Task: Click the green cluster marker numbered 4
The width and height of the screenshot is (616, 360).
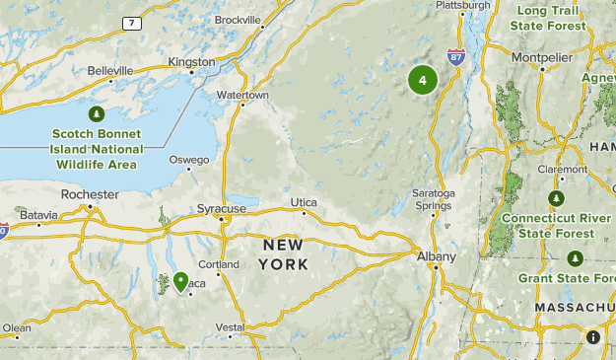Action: click(x=423, y=80)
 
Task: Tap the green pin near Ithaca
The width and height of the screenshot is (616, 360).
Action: click(x=181, y=282)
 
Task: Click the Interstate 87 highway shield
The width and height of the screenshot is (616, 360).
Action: click(x=455, y=58)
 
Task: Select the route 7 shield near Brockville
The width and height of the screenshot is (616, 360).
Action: click(x=131, y=22)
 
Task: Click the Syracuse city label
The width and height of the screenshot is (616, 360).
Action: click(x=221, y=209)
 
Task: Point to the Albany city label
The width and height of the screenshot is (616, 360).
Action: click(x=435, y=256)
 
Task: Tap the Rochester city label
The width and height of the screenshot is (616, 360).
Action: click(x=89, y=195)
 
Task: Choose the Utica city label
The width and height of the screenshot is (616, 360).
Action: click(x=304, y=202)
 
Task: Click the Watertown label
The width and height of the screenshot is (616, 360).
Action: click(x=242, y=95)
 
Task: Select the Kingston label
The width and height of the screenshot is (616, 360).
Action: click(x=191, y=61)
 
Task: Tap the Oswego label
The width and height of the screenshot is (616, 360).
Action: click(x=189, y=160)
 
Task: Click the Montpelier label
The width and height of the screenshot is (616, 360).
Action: click(x=541, y=56)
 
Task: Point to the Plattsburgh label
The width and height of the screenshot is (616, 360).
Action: click(x=462, y=5)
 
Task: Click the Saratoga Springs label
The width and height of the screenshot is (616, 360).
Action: click(x=434, y=199)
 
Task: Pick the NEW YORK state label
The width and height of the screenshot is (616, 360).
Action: click(x=284, y=254)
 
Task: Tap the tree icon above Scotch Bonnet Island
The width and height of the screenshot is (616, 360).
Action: click(x=97, y=115)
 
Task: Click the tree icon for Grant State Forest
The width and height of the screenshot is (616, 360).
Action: click(x=575, y=258)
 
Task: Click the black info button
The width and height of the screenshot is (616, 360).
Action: click(x=593, y=337)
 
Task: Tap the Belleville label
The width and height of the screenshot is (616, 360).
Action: click(x=109, y=71)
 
